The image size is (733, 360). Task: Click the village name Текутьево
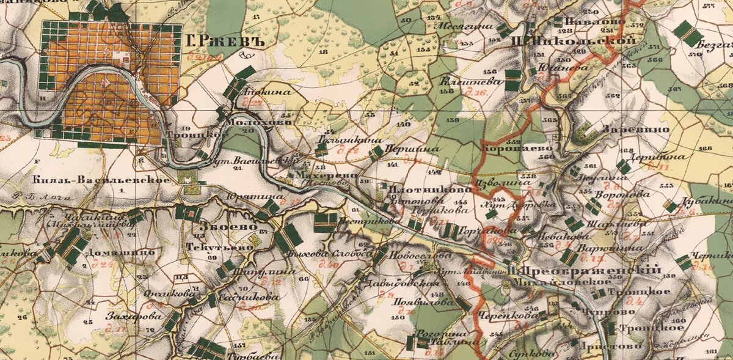pos(218,249)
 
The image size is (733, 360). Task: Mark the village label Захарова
pos(134,317)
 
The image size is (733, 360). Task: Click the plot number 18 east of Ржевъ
pos(323,53)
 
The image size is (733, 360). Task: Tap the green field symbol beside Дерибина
pos(623,166)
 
